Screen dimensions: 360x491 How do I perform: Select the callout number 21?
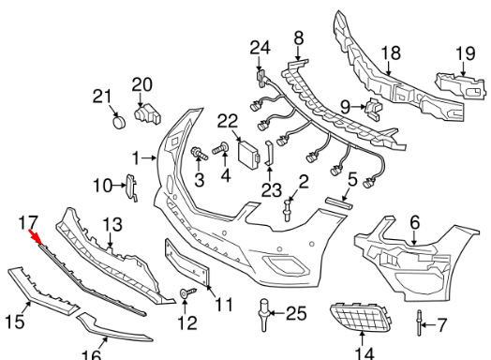pos(102,95)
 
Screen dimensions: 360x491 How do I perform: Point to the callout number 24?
pos(260,47)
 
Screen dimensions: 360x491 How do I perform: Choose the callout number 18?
pos(391,54)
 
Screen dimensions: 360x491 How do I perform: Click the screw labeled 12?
pos(186,294)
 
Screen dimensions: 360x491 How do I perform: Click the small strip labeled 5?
pos(336,202)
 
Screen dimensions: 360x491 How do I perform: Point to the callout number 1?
pos(136,157)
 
